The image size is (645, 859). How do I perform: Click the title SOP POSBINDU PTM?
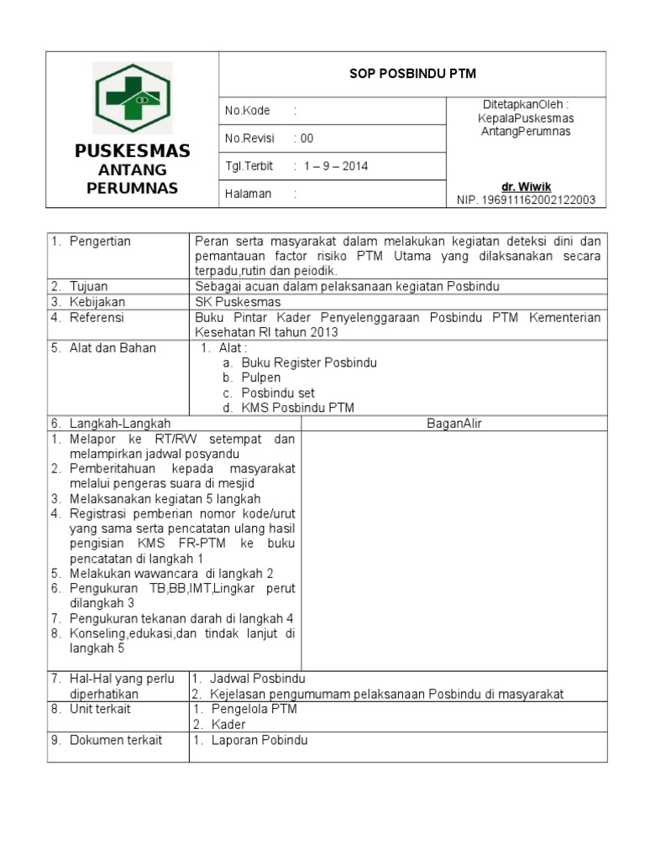(412, 74)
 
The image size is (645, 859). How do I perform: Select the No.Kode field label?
(247, 111)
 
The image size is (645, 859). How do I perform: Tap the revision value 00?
(307, 138)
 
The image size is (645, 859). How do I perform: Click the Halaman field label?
(249, 194)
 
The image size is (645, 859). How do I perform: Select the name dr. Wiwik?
(527, 186)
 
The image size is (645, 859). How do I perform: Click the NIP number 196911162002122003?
(526, 200)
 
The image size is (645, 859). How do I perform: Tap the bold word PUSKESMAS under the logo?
(132, 151)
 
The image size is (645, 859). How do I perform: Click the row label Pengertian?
(100, 242)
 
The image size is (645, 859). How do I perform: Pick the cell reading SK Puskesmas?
(238, 301)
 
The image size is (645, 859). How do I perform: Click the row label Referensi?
(97, 317)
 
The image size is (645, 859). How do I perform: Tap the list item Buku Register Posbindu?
(309, 362)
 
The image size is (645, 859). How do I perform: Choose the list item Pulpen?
(261, 377)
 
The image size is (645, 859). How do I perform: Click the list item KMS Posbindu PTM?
(297, 408)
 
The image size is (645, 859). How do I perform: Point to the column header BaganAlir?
(454, 424)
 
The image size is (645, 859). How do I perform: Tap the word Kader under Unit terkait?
(228, 724)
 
